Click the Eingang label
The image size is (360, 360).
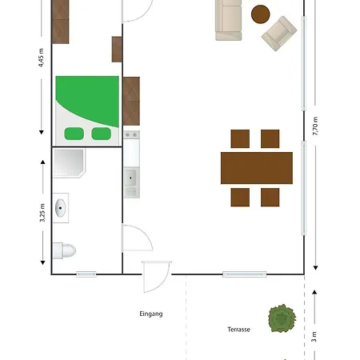151,314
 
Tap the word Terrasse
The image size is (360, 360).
238,330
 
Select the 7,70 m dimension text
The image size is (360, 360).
315,126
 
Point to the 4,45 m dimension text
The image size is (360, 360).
41,58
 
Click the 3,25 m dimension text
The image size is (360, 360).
42,213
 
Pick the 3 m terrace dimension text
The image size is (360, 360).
314,337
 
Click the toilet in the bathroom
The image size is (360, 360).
64,250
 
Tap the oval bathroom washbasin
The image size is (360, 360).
60,208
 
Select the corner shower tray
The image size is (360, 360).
69,163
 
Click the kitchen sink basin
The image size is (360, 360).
130,178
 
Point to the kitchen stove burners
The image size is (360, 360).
131,135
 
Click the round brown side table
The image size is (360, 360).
261,14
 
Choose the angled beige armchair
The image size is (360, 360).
279,34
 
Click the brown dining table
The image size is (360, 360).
257,168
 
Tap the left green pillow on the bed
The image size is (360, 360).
74,134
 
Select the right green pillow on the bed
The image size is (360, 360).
102,134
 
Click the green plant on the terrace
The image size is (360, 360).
282,318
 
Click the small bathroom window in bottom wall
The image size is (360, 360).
86,274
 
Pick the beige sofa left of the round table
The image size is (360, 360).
229,20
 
